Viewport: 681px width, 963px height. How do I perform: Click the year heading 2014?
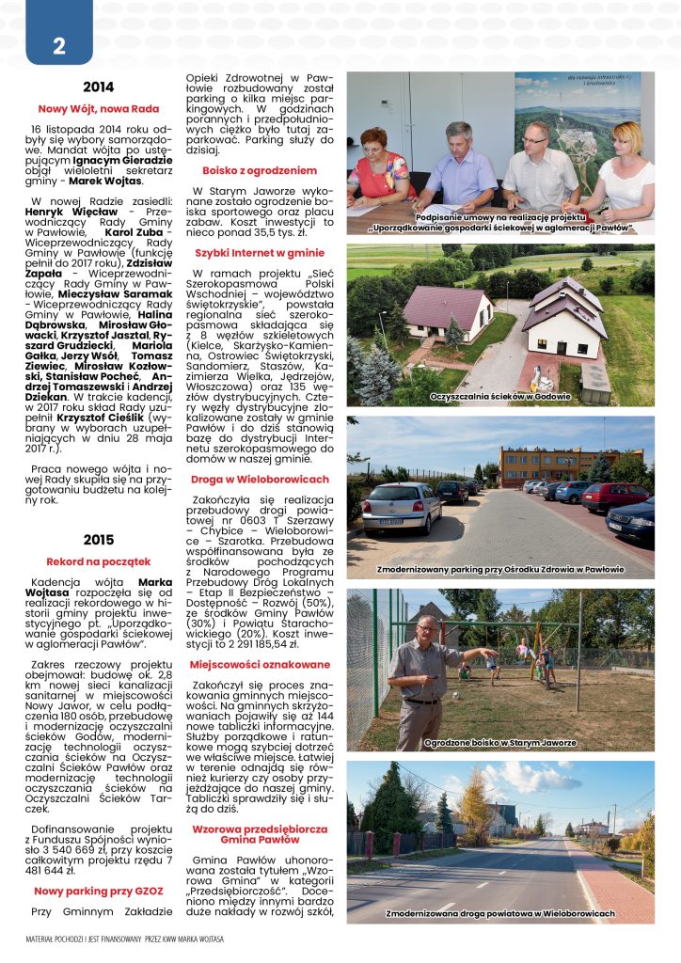click(x=99, y=87)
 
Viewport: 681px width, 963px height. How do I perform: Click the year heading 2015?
click(x=99, y=540)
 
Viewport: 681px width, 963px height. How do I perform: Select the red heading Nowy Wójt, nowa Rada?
click(x=99, y=108)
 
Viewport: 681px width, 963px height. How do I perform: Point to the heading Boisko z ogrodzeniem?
click(x=260, y=170)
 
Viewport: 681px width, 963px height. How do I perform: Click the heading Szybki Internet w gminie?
click(x=260, y=253)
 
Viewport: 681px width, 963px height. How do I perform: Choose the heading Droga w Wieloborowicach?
click(x=260, y=479)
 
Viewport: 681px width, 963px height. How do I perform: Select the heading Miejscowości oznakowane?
click(x=260, y=665)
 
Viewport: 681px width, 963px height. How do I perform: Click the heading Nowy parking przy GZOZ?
click(x=99, y=890)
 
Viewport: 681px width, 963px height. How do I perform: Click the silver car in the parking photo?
click(x=401, y=509)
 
